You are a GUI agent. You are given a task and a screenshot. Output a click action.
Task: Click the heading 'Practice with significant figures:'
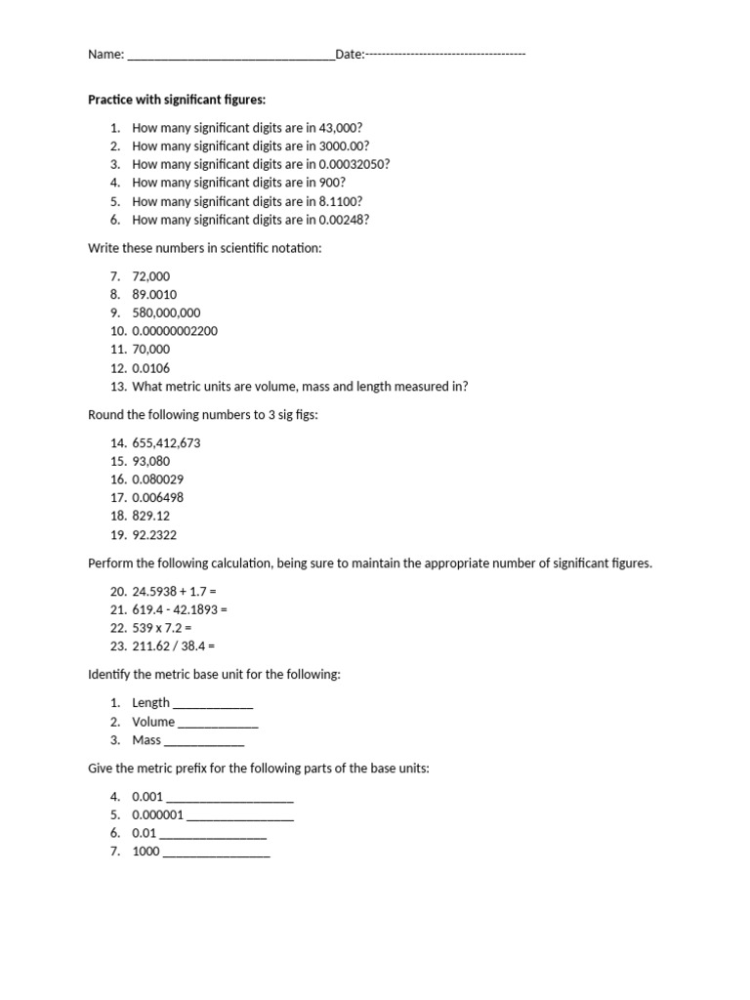pyautogui.click(x=177, y=100)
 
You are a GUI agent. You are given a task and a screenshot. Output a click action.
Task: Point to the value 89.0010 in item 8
pyautogui.click(x=154, y=294)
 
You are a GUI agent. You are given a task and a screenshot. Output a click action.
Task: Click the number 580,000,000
pyautogui.click(x=166, y=312)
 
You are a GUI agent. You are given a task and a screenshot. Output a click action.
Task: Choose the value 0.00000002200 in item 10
pyautogui.click(x=175, y=331)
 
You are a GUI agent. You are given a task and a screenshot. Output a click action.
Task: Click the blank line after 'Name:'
pyautogui.click(x=230, y=56)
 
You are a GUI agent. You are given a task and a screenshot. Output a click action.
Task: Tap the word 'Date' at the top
pyautogui.click(x=348, y=55)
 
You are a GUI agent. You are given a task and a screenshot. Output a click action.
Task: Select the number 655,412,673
pyautogui.click(x=166, y=442)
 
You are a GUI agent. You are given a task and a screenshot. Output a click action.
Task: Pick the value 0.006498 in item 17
pyautogui.click(x=157, y=498)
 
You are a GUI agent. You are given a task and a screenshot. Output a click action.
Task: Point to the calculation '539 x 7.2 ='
pyautogui.click(x=161, y=628)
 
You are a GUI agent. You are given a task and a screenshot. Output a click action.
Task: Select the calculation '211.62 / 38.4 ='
pyautogui.click(x=173, y=646)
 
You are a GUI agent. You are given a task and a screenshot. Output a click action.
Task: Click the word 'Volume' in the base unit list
pyautogui.click(x=153, y=722)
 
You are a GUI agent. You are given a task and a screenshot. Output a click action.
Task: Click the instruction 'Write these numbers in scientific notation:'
pyautogui.click(x=204, y=248)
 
